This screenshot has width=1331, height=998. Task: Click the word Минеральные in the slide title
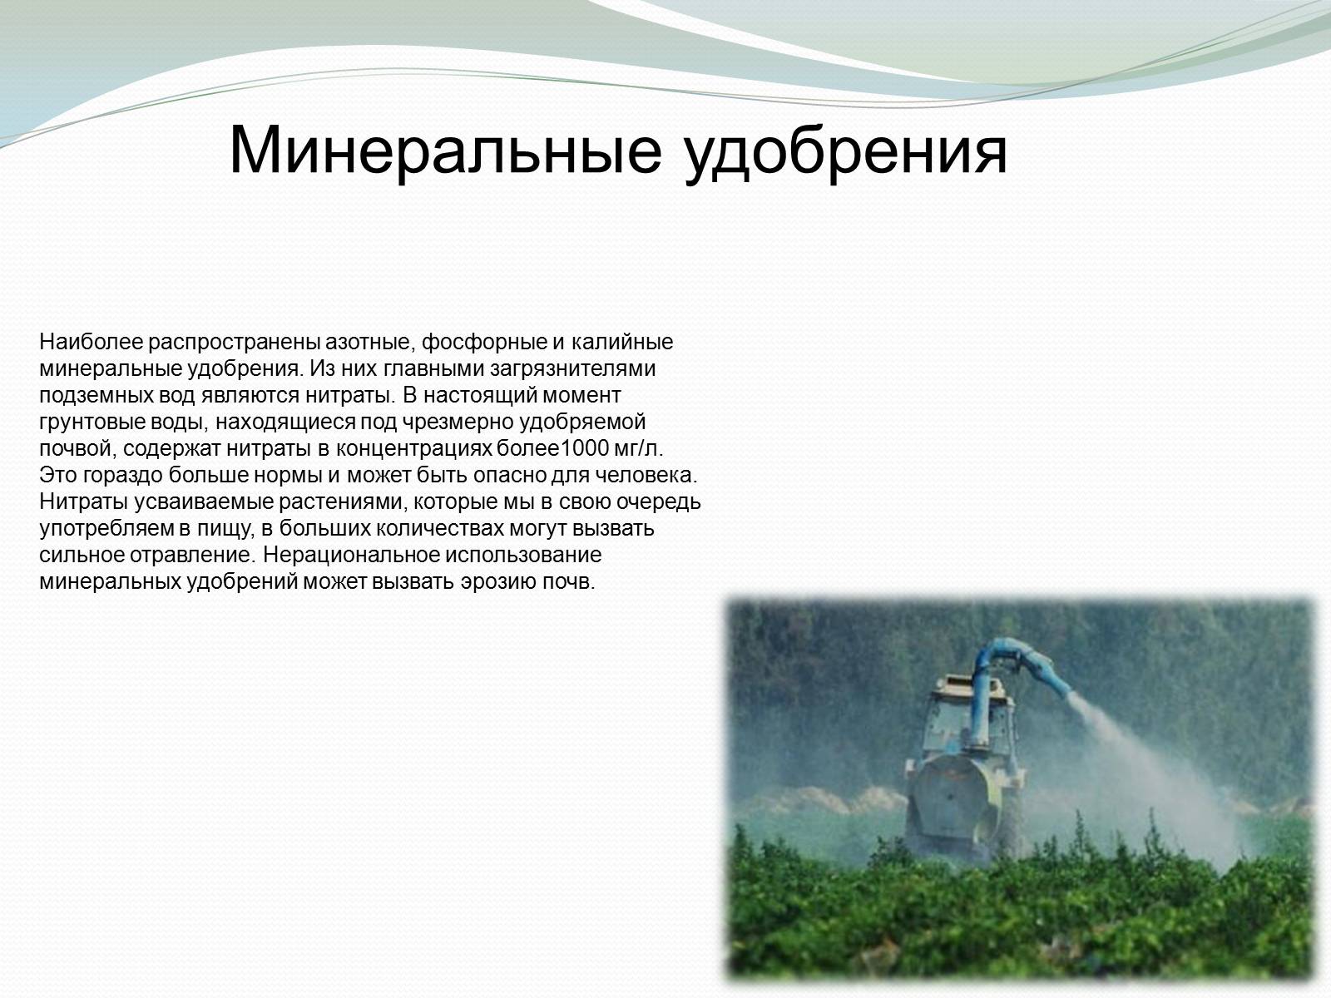(446, 150)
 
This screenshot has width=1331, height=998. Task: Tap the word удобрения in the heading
(846, 153)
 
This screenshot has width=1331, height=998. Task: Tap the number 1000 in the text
(584, 448)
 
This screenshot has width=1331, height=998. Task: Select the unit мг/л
(639, 449)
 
